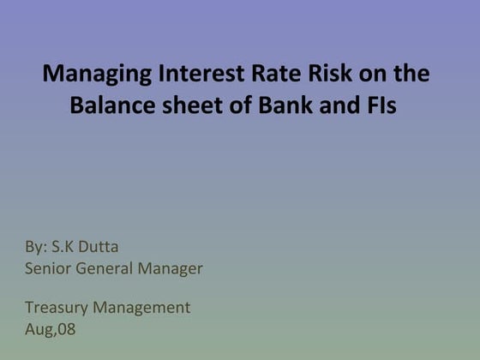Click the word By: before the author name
(x=36, y=248)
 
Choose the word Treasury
(x=56, y=308)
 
